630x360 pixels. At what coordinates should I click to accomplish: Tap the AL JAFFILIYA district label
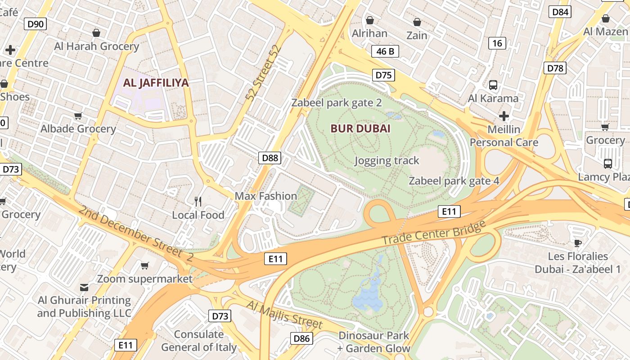[156, 83]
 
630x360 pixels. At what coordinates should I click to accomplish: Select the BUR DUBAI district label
[360, 129]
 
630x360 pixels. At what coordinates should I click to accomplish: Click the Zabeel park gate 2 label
[337, 103]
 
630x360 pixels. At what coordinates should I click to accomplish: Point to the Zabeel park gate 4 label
[454, 181]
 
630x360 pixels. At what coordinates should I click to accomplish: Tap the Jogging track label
[387, 161]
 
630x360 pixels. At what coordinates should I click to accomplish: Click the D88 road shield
[270, 157]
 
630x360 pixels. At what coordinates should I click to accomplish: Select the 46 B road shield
[385, 51]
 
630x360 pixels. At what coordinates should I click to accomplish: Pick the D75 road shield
[383, 75]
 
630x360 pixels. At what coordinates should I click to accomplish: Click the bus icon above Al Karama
[493, 85]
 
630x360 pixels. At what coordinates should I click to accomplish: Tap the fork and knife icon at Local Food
[198, 201]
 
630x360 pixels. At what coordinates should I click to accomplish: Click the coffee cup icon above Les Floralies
[578, 243]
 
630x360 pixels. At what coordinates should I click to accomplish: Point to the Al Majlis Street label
[284, 315]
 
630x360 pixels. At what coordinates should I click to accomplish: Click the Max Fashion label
[265, 196]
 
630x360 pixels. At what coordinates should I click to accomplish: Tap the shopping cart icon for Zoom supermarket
[144, 265]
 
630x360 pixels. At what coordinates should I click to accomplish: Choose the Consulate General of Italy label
[198, 341]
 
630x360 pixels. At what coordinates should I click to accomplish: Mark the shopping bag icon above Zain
[417, 22]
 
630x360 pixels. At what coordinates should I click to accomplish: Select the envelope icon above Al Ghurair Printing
[84, 287]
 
